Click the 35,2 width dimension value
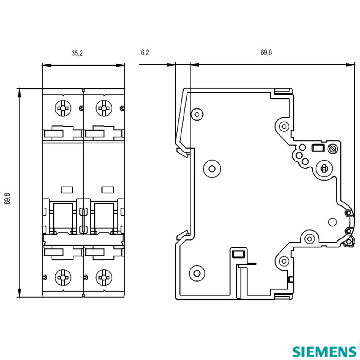tap(77, 53)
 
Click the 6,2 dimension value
tap(145, 53)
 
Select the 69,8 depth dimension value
tap(266, 53)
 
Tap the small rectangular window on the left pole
tap(67, 190)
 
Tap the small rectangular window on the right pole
tap(108, 190)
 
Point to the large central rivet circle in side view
tap(212, 168)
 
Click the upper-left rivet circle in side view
tap(197, 114)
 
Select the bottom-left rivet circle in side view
tap(197, 273)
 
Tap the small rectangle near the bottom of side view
tap(239, 254)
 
